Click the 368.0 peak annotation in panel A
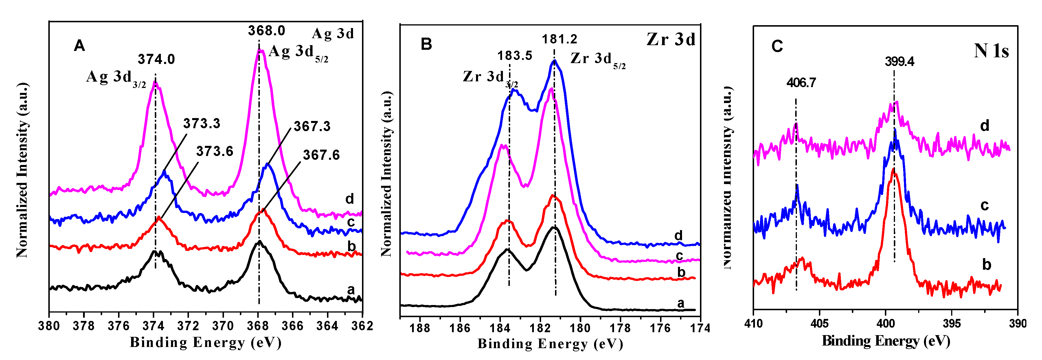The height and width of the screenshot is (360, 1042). coord(266,31)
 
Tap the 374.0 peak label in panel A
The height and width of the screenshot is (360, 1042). coord(156,59)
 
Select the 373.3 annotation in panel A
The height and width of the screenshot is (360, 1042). coord(201,123)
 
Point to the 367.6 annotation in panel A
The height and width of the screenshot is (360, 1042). coord(321,155)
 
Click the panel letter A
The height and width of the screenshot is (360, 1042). coord(79,46)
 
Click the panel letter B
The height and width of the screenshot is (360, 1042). coord(426,44)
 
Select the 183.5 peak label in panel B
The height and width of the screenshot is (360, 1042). coord(514,55)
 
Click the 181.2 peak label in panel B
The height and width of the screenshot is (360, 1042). coord(559,39)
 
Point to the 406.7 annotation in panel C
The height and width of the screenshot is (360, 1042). coord(801,83)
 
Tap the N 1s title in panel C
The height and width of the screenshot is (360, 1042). coord(991,51)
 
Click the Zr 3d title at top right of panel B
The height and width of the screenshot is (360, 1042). coord(671,39)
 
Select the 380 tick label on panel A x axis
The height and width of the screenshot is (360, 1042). coord(49,326)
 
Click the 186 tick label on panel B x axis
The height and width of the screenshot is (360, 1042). coord(460,328)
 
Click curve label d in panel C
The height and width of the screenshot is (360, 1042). coord(984,126)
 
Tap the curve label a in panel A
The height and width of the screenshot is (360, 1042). coord(351,290)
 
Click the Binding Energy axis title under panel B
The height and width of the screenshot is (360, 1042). coord(550,344)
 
